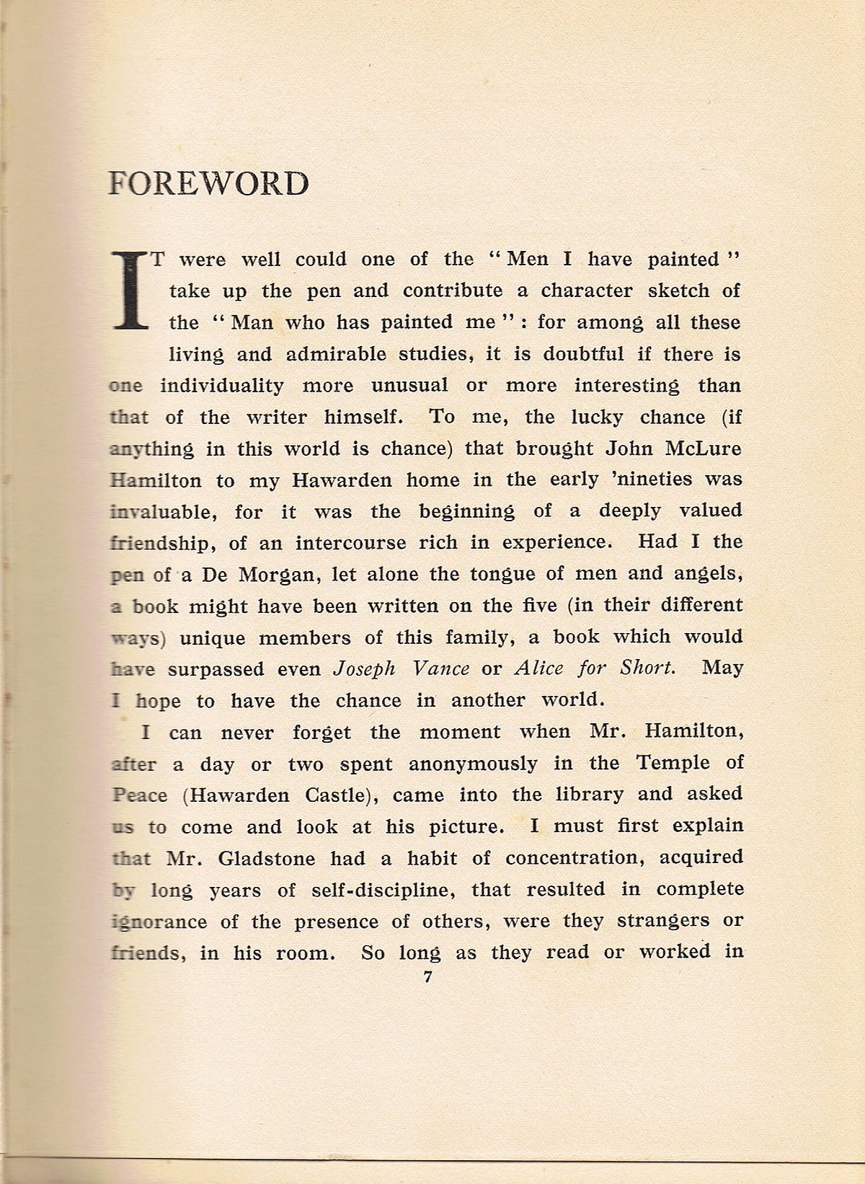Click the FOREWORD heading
[208, 184]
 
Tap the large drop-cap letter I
[130, 290]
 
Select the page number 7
[428, 977]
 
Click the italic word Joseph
[364, 669]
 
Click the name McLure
[702, 449]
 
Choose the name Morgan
[277, 575]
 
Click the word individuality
[222, 386]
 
